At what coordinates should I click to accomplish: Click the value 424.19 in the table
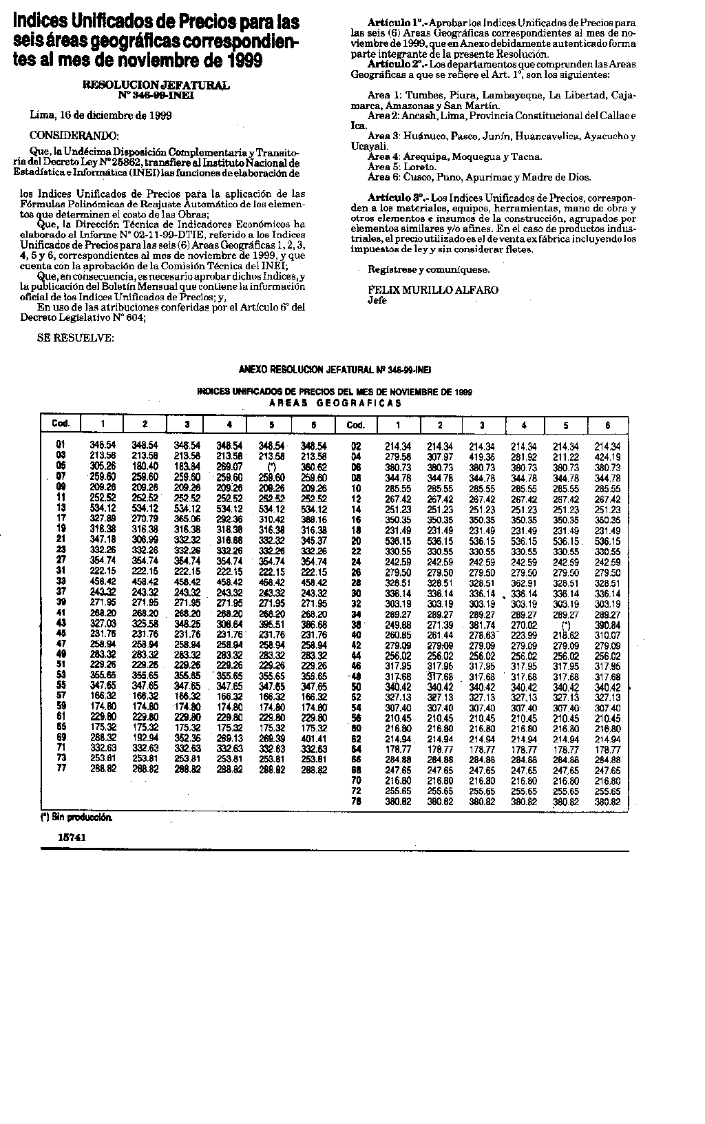pyautogui.click(x=607, y=457)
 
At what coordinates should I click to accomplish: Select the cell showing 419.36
pyautogui.click(x=482, y=457)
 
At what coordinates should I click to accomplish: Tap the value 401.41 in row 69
pyautogui.click(x=313, y=738)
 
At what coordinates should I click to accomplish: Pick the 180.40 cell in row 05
pyautogui.click(x=145, y=466)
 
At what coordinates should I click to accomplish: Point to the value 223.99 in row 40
pyautogui.click(x=524, y=634)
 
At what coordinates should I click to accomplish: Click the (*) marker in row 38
pyautogui.click(x=566, y=625)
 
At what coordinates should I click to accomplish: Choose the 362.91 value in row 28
pyautogui.click(x=524, y=583)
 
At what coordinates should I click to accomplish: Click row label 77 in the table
pyautogui.click(x=61, y=768)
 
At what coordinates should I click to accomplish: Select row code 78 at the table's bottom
pyautogui.click(x=356, y=802)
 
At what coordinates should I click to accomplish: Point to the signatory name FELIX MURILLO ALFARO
pyautogui.click(x=433, y=290)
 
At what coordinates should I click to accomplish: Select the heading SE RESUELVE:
pyautogui.click(x=75, y=338)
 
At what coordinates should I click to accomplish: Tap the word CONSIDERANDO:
pyautogui.click(x=74, y=134)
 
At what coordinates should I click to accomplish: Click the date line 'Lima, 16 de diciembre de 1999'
pyautogui.click(x=101, y=115)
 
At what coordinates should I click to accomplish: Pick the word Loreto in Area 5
pyautogui.click(x=421, y=167)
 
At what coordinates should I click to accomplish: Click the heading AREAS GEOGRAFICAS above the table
pyautogui.click(x=335, y=403)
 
